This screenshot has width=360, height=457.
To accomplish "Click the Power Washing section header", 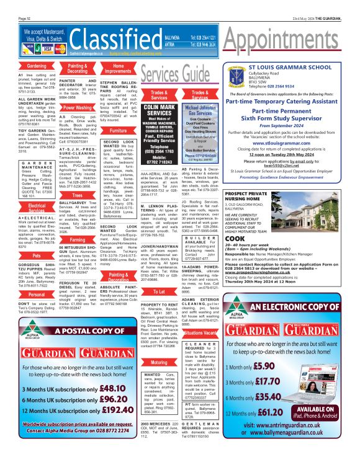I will (77, 108).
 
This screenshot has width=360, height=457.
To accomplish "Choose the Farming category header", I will (77, 239).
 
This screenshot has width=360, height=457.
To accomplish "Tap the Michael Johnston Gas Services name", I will (200, 110).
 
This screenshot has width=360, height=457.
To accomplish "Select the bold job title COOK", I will (234, 238).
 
